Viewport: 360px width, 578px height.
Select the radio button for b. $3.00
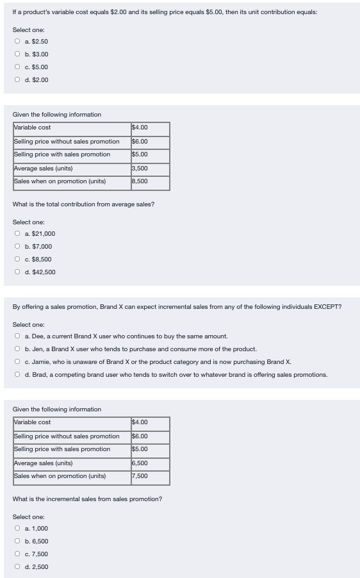pos(17,54)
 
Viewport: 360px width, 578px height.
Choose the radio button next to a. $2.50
pos(17,42)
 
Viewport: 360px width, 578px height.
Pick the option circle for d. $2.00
pos(17,80)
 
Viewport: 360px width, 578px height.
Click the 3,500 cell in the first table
pos(150,169)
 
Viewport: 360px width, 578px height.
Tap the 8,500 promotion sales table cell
pos(150,181)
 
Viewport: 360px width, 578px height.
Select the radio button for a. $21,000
pos(17,234)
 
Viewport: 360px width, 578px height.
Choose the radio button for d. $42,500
pos(17,272)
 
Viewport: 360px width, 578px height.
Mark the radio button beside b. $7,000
pos(17,247)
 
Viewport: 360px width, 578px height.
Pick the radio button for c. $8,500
pos(17,260)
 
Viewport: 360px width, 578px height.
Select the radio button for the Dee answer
pos(17,336)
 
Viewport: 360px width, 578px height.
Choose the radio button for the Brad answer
pos(17,375)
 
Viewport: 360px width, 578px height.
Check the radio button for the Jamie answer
pos(17,362)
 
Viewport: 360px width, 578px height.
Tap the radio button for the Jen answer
pos(17,349)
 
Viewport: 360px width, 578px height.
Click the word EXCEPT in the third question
pos(327,307)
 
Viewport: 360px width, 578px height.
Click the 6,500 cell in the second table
pos(150,463)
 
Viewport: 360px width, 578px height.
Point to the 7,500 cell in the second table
pos(150,476)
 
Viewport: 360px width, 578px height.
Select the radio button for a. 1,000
pos(17,529)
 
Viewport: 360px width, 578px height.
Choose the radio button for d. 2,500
pos(17,567)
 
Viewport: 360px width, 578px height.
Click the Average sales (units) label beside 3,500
pos(43,169)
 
